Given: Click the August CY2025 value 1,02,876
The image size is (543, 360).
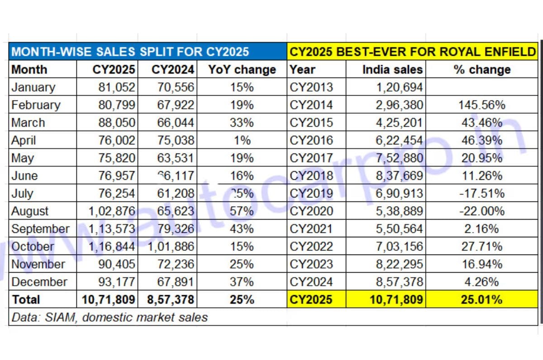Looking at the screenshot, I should pyautogui.click(x=108, y=211).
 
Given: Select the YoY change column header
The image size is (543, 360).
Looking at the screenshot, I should pyautogui.click(x=242, y=70).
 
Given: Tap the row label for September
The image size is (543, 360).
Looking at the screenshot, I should pyautogui.click(x=40, y=229).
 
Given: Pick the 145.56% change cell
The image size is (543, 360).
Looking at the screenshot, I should pyautogui.click(x=481, y=105).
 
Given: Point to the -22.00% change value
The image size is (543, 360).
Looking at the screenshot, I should pyautogui.click(x=481, y=211).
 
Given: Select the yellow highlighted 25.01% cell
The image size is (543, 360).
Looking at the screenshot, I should pyautogui.click(x=481, y=299).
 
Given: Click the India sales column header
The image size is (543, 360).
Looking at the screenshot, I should pyautogui.click(x=392, y=70).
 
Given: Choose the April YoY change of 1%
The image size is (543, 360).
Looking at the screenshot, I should pyautogui.click(x=243, y=140).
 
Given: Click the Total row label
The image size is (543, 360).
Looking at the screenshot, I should pyautogui.click(x=26, y=299).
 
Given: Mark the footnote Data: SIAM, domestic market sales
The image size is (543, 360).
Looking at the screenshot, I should pyautogui.click(x=110, y=317).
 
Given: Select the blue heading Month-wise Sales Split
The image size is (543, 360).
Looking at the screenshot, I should pyautogui.click(x=130, y=52).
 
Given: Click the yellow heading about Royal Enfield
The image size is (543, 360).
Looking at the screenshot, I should pyautogui.click(x=412, y=52).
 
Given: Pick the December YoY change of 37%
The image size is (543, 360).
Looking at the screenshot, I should pyautogui.click(x=242, y=282).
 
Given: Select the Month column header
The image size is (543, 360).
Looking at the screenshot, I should pyautogui.click(x=29, y=70).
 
